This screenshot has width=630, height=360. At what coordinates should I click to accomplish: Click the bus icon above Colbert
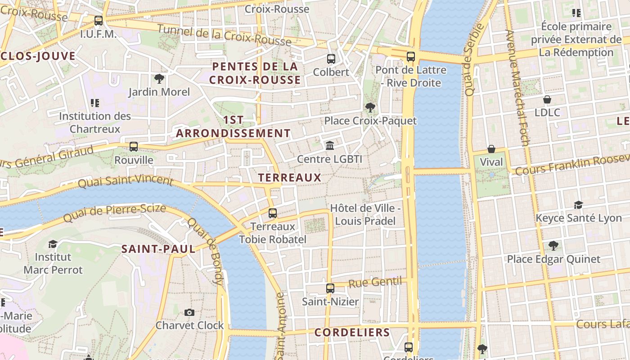pos(331,58)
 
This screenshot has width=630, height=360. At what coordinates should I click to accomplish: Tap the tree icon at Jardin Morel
pos(159,79)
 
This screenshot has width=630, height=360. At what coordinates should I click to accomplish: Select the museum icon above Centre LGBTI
pos(330,145)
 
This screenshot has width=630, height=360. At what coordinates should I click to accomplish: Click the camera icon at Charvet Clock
pos(189,312)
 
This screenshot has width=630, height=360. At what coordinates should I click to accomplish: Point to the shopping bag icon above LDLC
pos(547,99)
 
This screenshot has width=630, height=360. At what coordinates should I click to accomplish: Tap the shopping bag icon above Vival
pos(491,149)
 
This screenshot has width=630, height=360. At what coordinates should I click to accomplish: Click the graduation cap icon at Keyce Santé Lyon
pos(578,205)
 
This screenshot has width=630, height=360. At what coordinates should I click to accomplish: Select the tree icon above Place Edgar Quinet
pos(553,246)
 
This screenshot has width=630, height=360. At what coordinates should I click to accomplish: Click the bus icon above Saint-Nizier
pos(330,288)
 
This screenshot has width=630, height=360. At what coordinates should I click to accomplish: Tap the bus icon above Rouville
pos(134,147)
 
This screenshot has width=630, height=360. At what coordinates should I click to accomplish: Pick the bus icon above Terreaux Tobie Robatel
pos(273,213)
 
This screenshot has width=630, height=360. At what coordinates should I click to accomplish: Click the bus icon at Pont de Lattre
pos(410,57)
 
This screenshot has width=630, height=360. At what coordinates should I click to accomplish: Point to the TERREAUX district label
pos(290,178)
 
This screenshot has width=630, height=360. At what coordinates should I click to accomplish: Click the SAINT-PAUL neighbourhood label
pos(158,249)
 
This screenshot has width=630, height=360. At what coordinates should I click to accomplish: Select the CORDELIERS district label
pos(352,333)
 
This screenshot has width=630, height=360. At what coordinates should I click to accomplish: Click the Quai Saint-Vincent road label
pos(125,181)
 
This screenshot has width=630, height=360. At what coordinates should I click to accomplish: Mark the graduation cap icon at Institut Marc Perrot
pos(53,244)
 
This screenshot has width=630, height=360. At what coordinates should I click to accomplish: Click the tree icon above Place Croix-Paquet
pos(370,108)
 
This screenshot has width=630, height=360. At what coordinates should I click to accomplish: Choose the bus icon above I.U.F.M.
pos(99,21)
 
